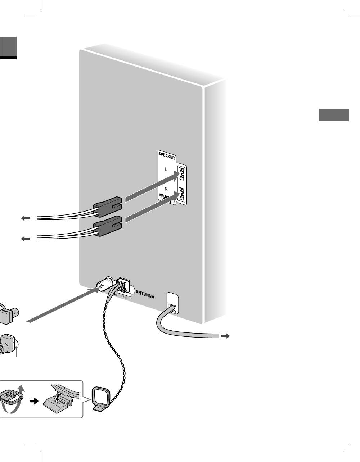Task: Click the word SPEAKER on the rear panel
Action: coord(167,157)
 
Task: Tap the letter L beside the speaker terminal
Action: coord(166,169)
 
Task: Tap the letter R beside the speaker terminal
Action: coord(166,189)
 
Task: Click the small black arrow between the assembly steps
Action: coord(33,401)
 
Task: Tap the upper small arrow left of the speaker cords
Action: coord(25,218)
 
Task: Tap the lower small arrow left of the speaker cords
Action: coord(25,239)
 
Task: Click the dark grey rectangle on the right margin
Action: coord(334,115)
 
